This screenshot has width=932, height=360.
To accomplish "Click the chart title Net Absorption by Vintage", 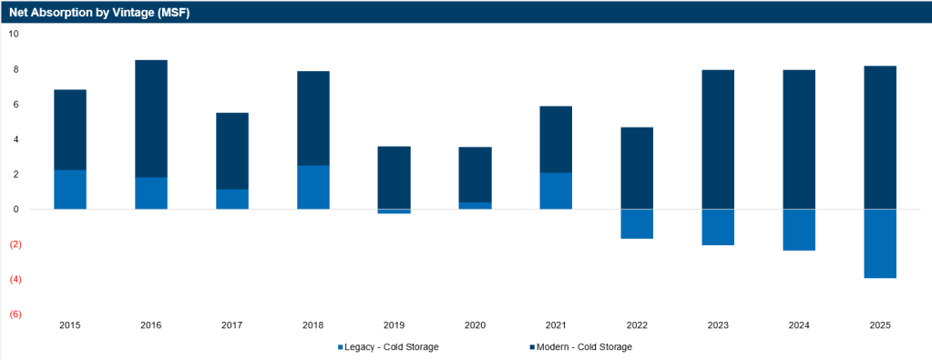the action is tap(99, 12).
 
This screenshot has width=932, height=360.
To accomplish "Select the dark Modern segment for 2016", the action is tap(151, 119).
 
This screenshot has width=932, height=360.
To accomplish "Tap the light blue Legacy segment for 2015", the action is tap(70, 190).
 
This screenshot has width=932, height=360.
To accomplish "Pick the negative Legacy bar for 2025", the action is tap(880, 244).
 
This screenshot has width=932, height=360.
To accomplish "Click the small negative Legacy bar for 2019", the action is tap(394, 211).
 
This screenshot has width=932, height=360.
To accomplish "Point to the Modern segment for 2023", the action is tap(718, 139).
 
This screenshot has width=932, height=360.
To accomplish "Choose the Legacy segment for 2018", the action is tap(313, 188).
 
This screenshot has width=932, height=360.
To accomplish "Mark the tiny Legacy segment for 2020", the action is tap(475, 206).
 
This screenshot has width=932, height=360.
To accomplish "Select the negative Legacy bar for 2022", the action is tap(637, 224).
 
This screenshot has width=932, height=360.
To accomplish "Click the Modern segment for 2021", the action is tap(556, 139).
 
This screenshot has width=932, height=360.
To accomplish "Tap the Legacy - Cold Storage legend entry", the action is tap(387, 347).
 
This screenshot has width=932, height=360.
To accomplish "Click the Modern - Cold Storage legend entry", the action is tap(580, 347).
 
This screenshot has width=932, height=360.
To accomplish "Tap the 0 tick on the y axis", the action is tap(16, 210).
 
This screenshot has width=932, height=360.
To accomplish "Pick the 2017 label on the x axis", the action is tap(231, 325).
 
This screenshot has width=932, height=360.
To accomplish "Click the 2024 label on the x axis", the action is tap(799, 325).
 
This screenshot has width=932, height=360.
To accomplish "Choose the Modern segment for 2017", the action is tap(231, 151).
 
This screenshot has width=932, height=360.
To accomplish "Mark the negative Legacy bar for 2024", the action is tap(799, 231).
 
